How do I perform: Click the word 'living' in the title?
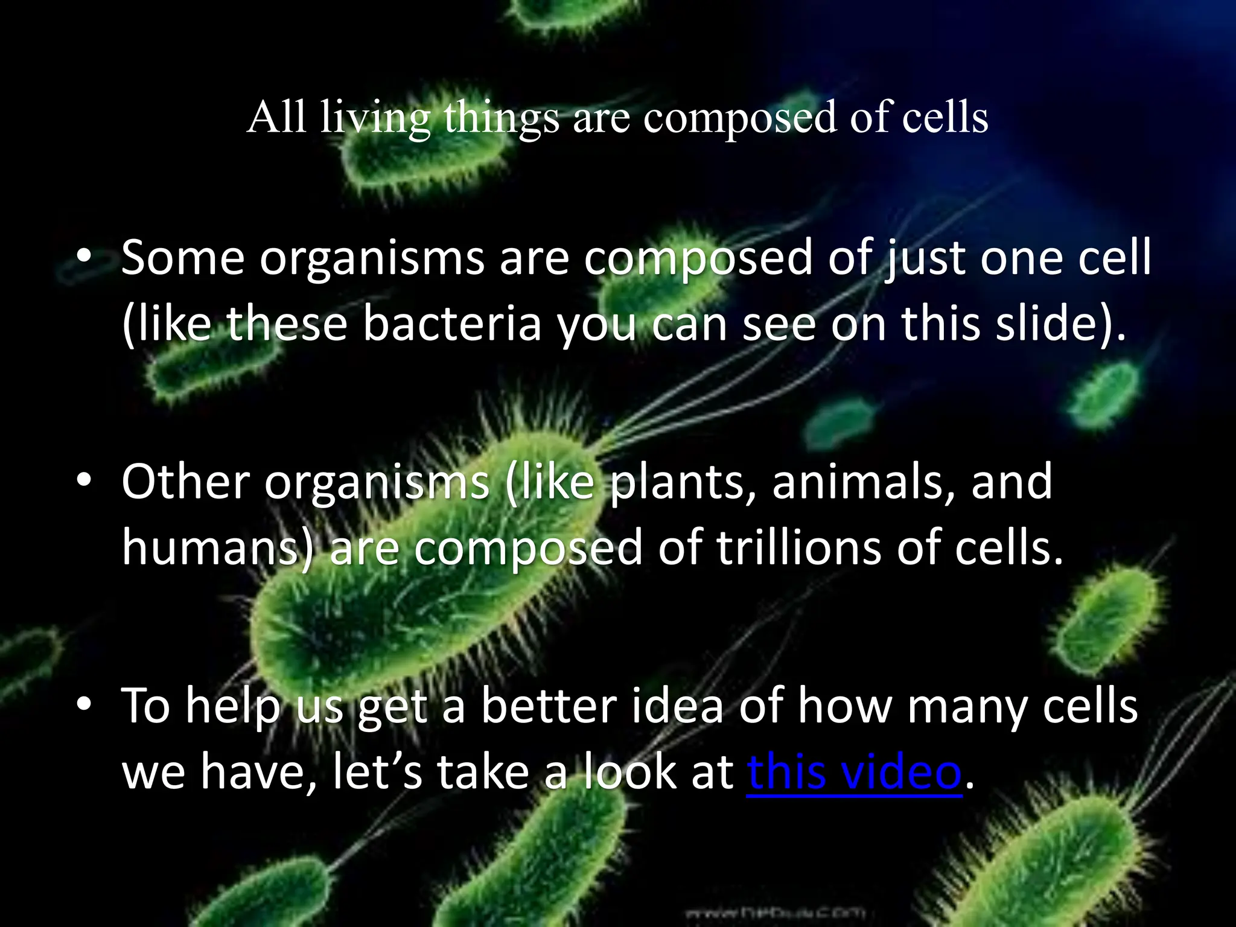pyautogui.click(x=375, y=118)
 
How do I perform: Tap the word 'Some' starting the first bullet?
pyautogui.click(x=182, y=258)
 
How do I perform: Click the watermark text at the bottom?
pyautogui.click(x=776, y=912)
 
